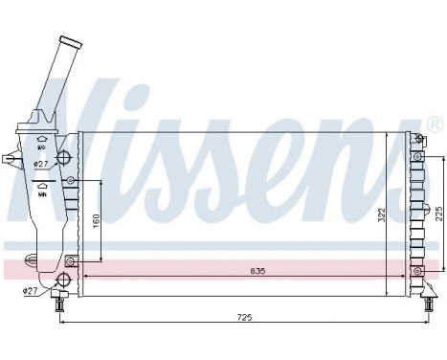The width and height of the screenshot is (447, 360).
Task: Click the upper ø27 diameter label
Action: pos(41,164)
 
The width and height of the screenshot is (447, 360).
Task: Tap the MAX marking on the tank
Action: pos(42,146)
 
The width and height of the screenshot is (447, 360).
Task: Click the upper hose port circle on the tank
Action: pos(64,158)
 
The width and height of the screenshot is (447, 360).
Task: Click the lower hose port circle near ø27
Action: pos(63,280)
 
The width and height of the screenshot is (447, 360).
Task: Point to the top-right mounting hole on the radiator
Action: pos(417,140)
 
